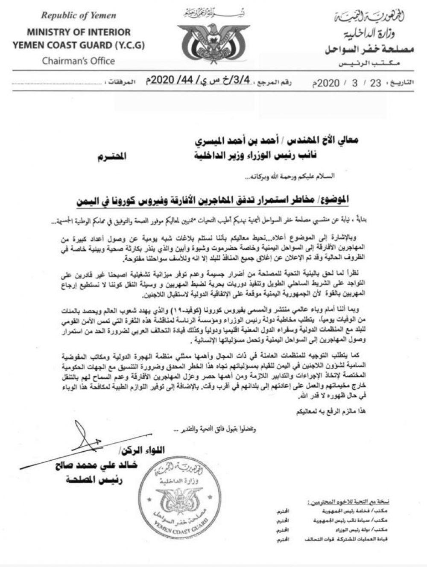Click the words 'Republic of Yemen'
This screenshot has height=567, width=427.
[x=78, y=16]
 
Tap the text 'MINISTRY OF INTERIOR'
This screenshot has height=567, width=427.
[x=79, y=32]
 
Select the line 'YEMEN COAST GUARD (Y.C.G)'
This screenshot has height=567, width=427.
[x=79, y=45]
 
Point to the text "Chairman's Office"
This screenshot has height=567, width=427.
[x=79, y=61]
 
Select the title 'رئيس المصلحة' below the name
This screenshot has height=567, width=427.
[x=94, y=479]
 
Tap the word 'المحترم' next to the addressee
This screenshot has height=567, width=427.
[x=113, y=156]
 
